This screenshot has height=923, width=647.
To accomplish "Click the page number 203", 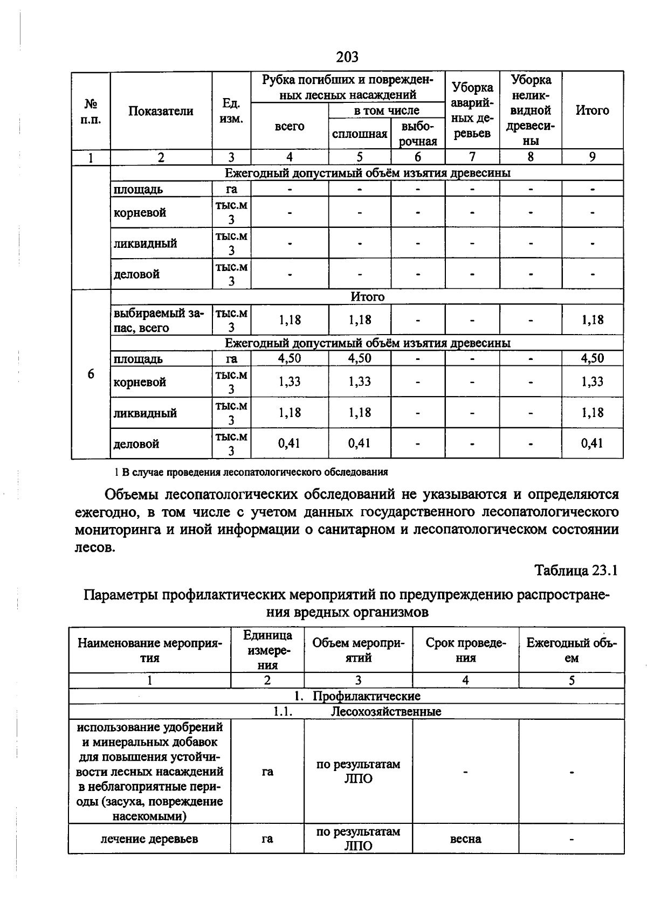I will tap(347, 57).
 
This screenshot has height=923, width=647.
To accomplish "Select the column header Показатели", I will tap(161, 111).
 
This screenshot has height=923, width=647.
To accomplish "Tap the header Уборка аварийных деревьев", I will tap(472, 110).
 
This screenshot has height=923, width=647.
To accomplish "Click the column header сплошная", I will tap(360, 134).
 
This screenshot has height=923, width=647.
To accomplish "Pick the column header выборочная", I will tap(418, 134).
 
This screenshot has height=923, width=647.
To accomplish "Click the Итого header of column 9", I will tap(592, 110).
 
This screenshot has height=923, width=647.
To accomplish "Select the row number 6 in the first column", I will tap(91, 374).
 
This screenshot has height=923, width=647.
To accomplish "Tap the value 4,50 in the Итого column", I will tap(592, 358).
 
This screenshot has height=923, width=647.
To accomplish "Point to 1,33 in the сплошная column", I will tap(360, 381).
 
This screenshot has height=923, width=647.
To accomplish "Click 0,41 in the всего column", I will tap(290, 443).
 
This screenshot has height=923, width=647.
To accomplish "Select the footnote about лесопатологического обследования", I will tap(251, 473).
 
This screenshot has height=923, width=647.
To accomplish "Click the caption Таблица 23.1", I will tap(575, 570).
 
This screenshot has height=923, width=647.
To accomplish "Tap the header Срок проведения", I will tap(465, 650).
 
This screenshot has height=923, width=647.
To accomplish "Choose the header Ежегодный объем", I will tap(572, 650).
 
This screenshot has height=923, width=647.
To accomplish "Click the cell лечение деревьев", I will tap(149, 839).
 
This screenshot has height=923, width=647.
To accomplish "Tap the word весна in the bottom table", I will tap(465, 839).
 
